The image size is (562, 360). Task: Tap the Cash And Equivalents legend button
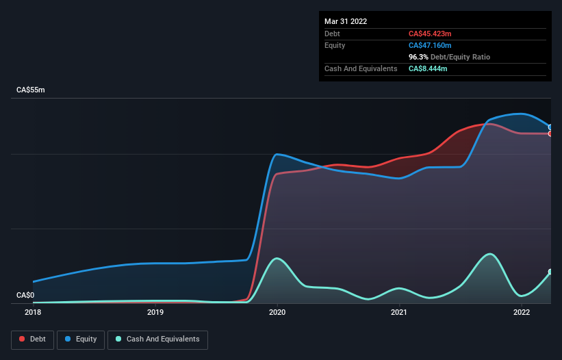click(157, 339)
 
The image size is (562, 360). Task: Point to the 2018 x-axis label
click(33, 313)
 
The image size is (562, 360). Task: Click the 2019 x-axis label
click(155, 313)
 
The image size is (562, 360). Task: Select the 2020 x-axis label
click(277, 313)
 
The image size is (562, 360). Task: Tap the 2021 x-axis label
click(399, 313)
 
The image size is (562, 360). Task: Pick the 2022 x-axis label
click(522, 313)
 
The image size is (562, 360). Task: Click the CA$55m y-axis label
click(31, 90)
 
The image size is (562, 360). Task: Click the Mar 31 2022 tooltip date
click(346, 21)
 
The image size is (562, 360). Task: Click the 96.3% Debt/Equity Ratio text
click(449, 57)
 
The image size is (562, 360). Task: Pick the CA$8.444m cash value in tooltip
click(428, 68)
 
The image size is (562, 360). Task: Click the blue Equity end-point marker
click(550, 127)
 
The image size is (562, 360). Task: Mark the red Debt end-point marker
click(550, 133)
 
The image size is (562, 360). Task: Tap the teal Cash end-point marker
click(550, 272)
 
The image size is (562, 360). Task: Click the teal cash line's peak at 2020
click(276, 258)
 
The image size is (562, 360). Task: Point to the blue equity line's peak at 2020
click(276, 154)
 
